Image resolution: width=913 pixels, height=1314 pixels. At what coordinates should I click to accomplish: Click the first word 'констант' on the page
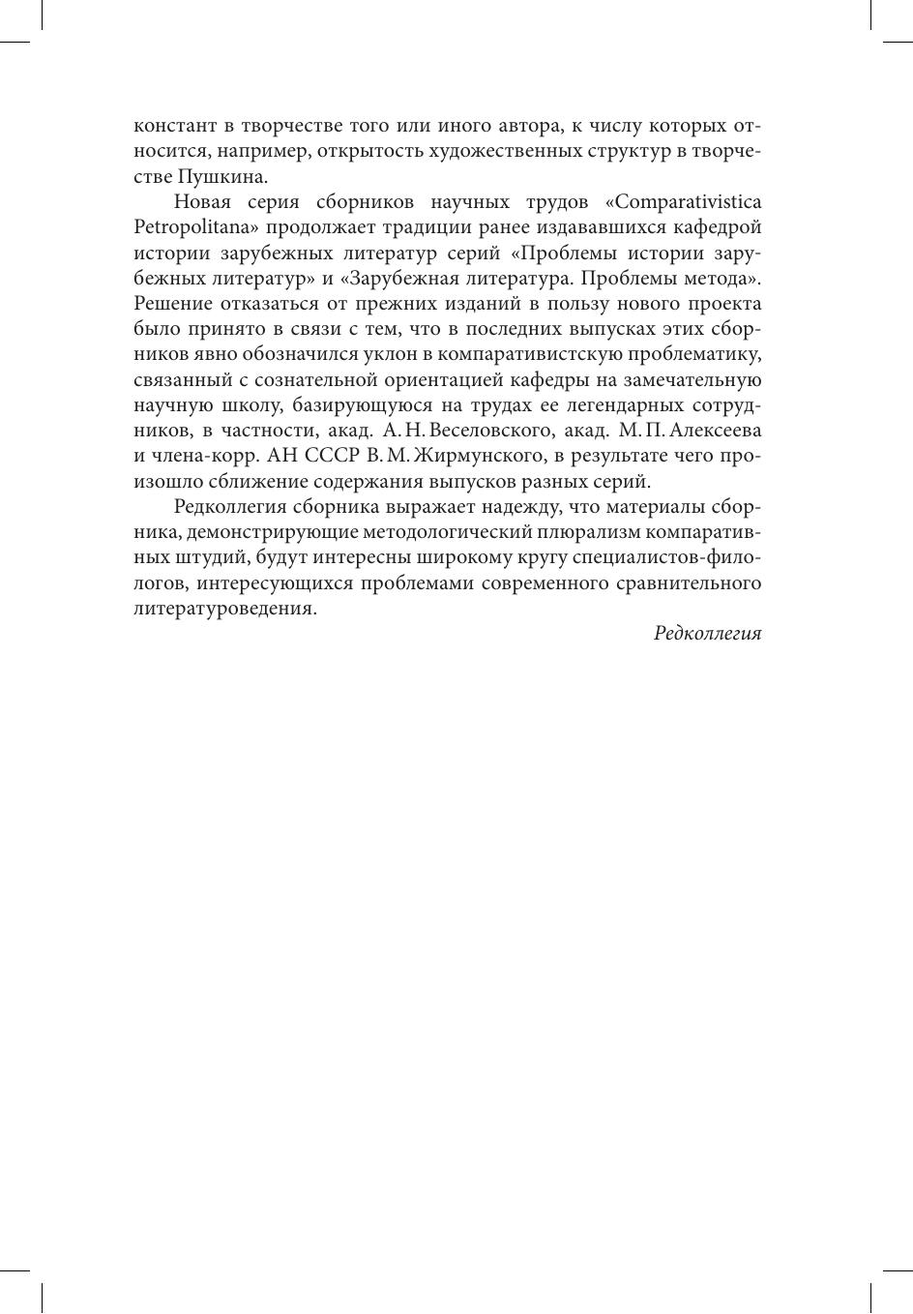170,127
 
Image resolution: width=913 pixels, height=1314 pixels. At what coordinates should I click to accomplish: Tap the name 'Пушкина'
221,177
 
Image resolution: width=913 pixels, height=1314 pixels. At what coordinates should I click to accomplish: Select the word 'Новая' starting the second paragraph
204,202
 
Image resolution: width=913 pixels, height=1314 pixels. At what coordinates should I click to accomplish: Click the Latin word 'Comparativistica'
689,202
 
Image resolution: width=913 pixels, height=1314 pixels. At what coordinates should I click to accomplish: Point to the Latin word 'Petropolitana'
192,228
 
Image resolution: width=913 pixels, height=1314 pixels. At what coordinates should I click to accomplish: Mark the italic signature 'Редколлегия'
707,634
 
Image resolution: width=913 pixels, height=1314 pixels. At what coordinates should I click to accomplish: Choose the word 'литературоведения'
223,609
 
